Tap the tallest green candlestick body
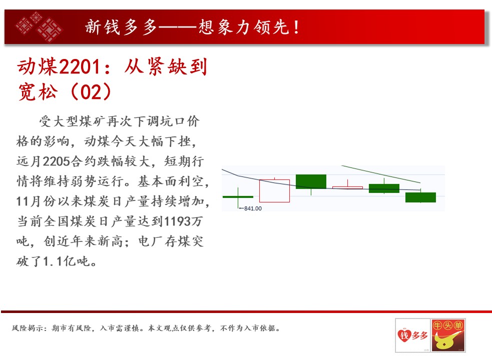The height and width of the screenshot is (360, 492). [311, 181]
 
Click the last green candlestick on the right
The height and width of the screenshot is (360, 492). [420, 197]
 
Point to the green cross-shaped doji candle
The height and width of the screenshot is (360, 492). [238, 196]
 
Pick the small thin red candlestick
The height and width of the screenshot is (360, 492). [347, 187]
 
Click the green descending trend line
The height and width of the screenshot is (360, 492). [381, 174]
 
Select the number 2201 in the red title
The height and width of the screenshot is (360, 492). [80, 67]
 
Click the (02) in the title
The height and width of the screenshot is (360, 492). [91, 91]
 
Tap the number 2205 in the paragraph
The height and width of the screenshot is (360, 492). [56, 161]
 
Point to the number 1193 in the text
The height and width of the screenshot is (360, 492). [177, 221]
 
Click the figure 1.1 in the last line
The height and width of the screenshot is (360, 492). [53, 261]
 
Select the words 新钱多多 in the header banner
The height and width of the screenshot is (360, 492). [121, 27]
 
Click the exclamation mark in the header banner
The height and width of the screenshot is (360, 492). [296, 27]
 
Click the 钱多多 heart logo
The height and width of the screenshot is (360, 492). [412, 335]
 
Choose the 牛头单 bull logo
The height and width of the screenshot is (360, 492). [448, 335]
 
